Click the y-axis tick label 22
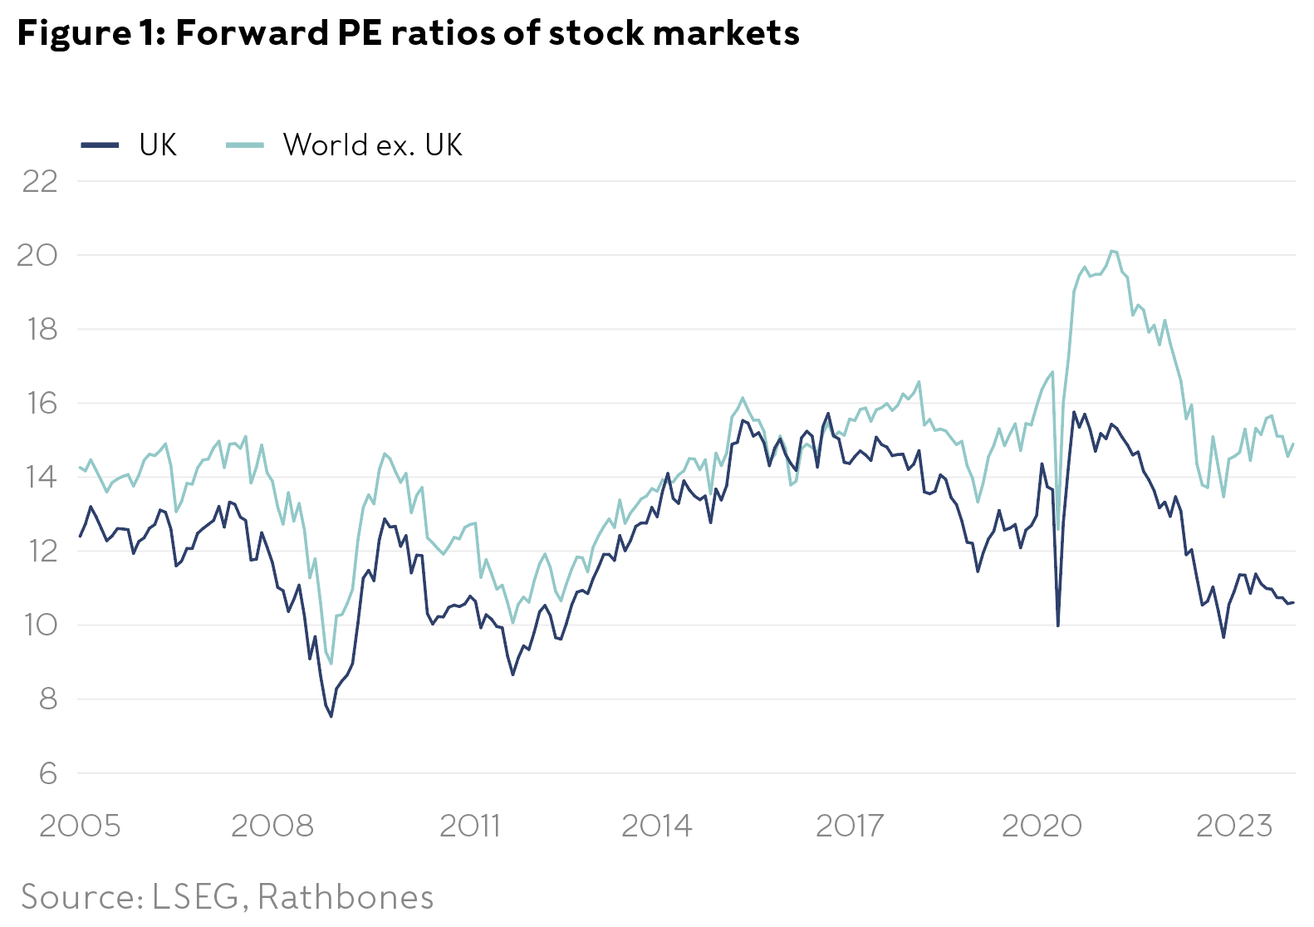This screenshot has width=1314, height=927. (x=40, y=181)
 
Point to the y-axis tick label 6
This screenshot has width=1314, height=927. (x=48, y=773)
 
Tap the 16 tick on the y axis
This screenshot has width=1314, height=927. (x=40, y=404)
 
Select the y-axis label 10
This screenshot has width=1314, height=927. (x=40, y=625)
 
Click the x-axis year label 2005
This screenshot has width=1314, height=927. (x=80, y=826)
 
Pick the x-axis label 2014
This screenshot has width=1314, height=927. (x=656, y=826)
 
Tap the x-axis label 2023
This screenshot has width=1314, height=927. (x=1233, y=826)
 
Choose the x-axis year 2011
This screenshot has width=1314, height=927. (x=469, y=826)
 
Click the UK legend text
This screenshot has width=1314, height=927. (x=158, y=145)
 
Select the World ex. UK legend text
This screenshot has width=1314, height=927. (x=372, y=145)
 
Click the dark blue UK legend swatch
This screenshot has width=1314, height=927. (x=101, y=145)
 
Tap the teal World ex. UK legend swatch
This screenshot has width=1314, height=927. (x=245, y=145)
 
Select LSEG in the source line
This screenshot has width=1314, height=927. (x=195, y=897)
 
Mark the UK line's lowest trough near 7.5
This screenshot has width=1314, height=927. (x=331, y=716)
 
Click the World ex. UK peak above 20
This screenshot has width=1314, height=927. (x=1112, y=251)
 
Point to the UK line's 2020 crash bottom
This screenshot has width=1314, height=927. (x=1057, y=625)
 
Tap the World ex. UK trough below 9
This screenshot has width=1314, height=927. (x=331, y=664)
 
